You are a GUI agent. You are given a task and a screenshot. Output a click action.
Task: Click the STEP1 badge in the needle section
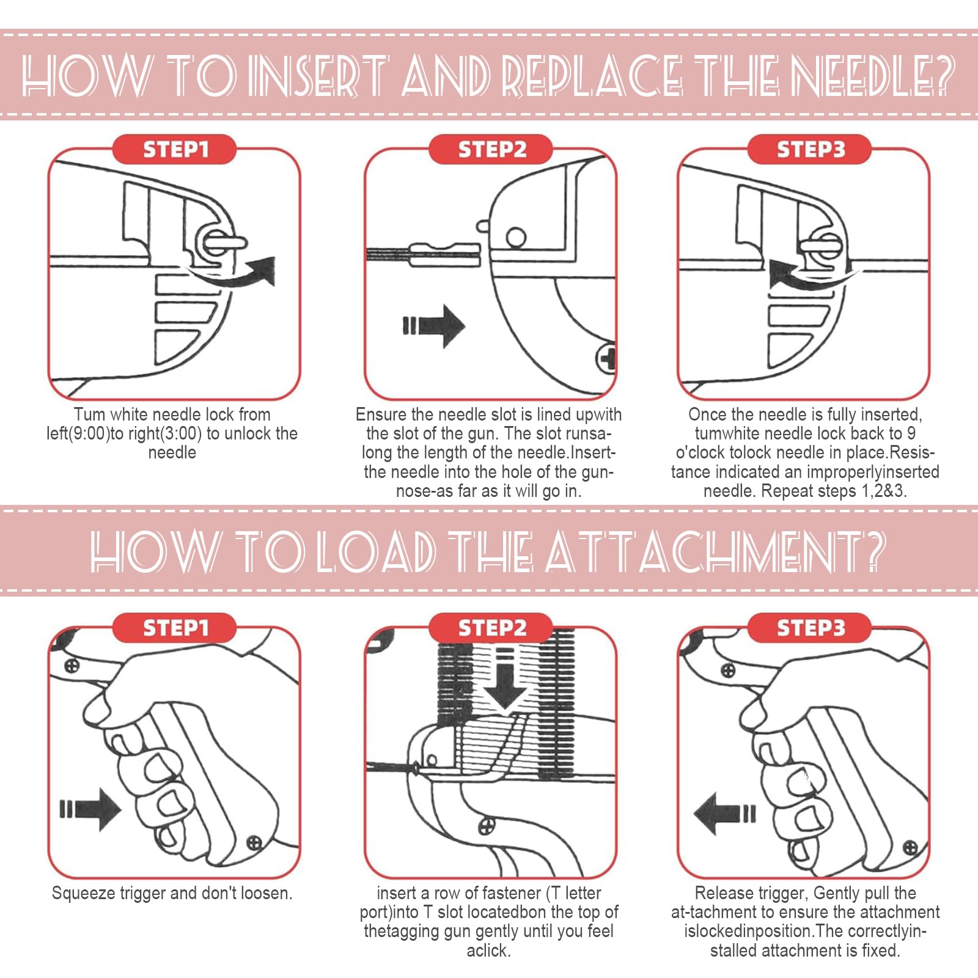pyautogui.click(x=175, y=150)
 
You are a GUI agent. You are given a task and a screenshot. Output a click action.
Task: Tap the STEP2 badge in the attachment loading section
pyautogui.click(x=491, y=628)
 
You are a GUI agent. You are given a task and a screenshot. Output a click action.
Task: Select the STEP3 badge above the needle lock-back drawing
pyautogui.click(x=810, y=150)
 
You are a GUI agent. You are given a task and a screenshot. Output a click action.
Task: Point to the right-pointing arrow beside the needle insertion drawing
pyautogui.click(x=434, y=326)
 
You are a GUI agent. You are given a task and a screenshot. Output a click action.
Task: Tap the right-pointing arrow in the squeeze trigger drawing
pyautogui.click(x=90, y=809)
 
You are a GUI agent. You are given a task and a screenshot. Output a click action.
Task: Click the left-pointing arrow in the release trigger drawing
pyautogui.click(x=725, y=813)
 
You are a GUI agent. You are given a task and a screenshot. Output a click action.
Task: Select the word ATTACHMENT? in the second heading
pyautogui.click(x=715, y=551)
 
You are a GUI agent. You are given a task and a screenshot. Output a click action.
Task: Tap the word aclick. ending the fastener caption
pyautogui.click(x=489, y=950)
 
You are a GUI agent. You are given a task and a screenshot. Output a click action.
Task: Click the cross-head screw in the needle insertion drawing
pyautogui.click(x=606, y=358)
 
